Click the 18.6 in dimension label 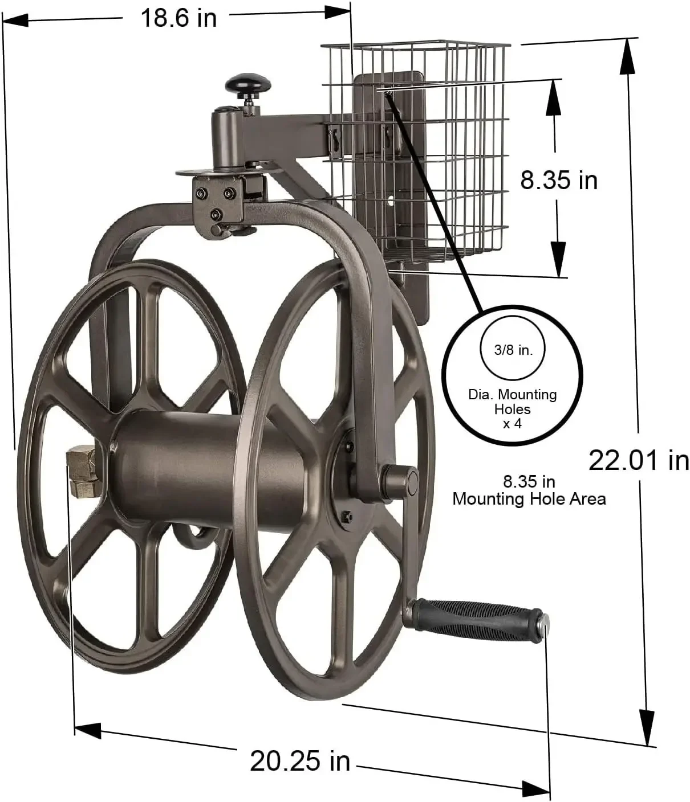pos(178,18)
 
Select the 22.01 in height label pos(638,460)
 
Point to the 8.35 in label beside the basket pos(558,180)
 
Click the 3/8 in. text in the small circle pos(513,350)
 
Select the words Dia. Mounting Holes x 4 pos(512,409)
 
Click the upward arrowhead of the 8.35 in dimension pos(553,94)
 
